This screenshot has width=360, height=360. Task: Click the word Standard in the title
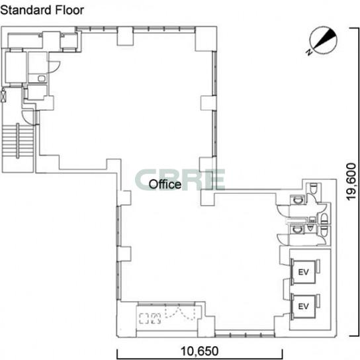26,10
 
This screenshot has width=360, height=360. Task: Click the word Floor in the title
69,10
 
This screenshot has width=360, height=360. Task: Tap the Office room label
165,184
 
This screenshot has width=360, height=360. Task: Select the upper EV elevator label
303,272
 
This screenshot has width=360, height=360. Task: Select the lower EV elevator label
303,306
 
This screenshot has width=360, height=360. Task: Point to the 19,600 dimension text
351,181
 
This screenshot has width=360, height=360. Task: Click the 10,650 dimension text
199,351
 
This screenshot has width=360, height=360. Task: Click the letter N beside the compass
309,52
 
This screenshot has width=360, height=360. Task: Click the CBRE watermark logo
179,180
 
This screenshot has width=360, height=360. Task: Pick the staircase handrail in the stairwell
18,141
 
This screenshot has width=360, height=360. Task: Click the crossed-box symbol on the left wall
3,96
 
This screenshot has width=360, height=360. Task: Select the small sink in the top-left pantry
42,79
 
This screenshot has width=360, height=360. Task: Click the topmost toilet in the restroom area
313,188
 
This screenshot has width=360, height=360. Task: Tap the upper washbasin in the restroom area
298,201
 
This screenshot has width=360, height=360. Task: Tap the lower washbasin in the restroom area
298,229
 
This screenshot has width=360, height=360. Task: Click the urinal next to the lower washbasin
310,228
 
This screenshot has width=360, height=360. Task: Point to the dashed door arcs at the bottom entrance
180,313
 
